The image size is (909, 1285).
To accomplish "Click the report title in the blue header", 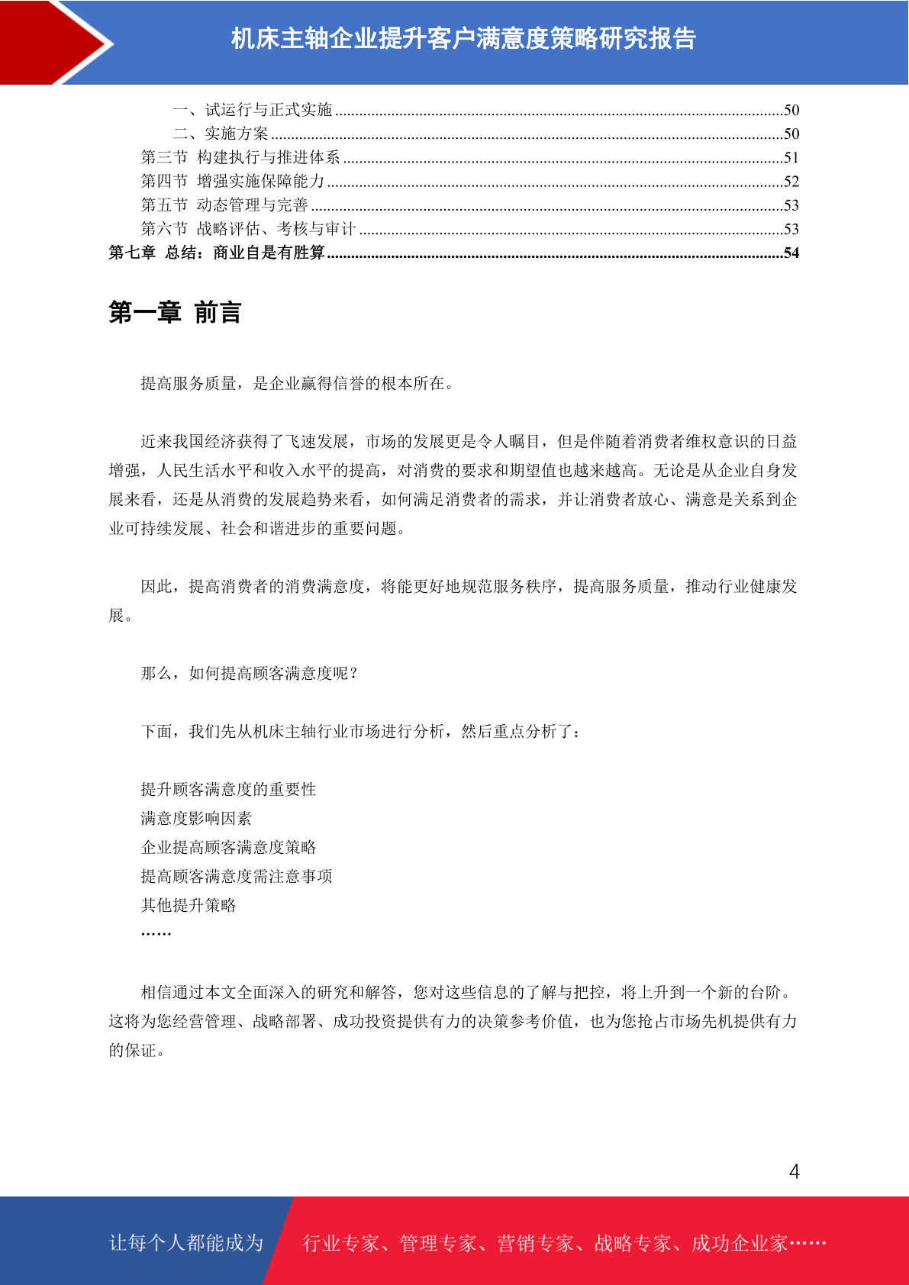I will point(463,38).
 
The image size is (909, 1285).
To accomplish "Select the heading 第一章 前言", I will point(175,313).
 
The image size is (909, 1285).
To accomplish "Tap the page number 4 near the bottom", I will point(794,1172).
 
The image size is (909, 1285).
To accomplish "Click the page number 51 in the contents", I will point(791,158).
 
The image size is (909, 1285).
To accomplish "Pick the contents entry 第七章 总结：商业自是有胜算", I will point(217,253).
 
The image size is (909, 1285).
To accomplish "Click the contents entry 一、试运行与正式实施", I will point(253,110).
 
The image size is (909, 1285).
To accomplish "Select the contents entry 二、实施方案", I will point(221,134).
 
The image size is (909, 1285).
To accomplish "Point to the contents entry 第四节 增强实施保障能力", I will point(233,182).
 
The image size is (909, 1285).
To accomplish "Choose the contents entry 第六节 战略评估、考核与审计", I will point(248,229).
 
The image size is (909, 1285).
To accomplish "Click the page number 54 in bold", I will point(791,253).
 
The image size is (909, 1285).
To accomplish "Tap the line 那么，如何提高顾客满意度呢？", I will point(250,673).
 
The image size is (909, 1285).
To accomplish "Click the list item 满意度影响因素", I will point(196,818).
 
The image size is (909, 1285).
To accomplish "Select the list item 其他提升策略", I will point(189,905).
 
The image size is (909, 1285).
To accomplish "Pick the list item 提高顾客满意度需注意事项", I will point(237,876).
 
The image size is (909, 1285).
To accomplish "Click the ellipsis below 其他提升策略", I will point(156,932).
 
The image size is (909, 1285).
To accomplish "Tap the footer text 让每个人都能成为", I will point(186,1243).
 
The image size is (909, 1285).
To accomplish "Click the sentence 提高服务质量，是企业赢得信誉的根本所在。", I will point(298,383).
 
